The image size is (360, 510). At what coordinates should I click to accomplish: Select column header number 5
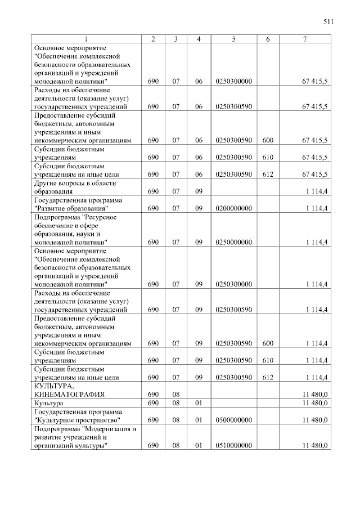click(233, 39)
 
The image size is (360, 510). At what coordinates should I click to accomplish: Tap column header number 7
click(304, 39)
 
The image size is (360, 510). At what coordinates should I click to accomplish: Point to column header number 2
click(153, 39)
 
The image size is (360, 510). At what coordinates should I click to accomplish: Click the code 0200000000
click(233, 208)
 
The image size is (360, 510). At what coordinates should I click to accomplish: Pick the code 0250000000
click(233, 242)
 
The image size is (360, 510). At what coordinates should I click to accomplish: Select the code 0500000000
click(233, 420)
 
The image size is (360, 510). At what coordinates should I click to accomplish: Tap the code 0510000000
click(233, 446)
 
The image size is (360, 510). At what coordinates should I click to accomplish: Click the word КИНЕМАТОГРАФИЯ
click(69, 394)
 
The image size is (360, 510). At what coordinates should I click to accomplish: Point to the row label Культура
click(49, 403)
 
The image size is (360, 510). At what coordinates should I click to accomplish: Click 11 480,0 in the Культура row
click(315, 403)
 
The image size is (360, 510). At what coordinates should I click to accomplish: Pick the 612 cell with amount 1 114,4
click(267, 377)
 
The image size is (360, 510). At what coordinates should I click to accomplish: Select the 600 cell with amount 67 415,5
click(267, 140)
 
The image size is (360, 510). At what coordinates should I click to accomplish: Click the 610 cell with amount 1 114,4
click(267, 360)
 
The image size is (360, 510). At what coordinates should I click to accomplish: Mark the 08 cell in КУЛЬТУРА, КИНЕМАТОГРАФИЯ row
click(175, 394)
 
